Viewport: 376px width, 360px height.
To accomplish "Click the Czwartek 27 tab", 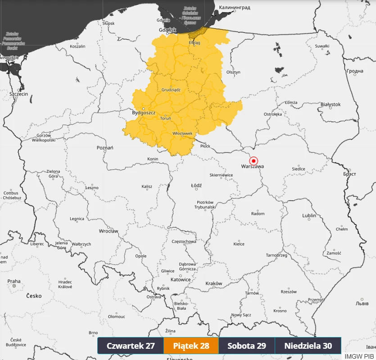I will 131,346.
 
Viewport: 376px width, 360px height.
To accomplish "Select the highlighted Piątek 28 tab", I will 191,346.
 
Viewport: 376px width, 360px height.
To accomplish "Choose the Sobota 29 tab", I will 246,346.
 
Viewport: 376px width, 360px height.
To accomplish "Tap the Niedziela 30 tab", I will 308,346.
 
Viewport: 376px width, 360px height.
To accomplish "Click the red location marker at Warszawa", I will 254,161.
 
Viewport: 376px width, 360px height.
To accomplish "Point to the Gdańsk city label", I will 167,30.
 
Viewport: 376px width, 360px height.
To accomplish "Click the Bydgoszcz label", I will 144,113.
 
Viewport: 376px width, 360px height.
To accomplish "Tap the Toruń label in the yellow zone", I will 165,118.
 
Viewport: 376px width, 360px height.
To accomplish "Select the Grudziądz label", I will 171,90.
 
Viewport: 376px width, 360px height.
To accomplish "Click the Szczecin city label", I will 18,94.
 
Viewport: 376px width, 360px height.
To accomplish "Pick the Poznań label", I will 105,148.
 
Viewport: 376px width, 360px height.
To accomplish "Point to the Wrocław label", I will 109,231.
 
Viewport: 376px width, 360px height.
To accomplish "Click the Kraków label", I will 214,283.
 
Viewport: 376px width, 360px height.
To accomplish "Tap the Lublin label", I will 309,216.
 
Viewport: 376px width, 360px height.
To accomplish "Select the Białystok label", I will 331,104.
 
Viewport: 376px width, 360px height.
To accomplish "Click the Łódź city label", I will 196,185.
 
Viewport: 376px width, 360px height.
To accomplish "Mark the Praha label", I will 14,281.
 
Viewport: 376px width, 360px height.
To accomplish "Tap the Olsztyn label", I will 233,72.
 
